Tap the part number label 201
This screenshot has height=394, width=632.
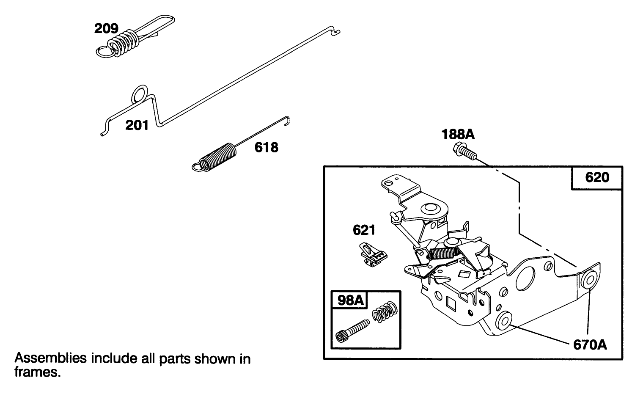[137, 125]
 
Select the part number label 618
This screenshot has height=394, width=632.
[266, 147]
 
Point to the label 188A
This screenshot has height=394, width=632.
[458, 135]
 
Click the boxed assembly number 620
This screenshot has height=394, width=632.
[597, 177]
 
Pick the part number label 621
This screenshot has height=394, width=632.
[364, 230]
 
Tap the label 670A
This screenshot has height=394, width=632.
[590, 345]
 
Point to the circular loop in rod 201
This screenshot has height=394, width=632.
[140, 94]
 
